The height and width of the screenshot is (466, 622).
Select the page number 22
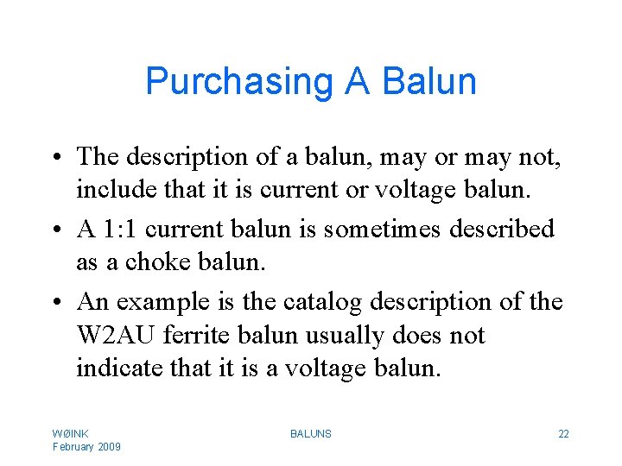pos(563,433)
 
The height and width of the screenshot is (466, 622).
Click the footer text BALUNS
pos(311,433)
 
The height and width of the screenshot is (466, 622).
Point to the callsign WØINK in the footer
pos(71,433)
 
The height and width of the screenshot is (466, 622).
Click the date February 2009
pos(86,446)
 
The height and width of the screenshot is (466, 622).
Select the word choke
pos(151,262)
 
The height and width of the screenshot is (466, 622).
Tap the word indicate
pos(113,368)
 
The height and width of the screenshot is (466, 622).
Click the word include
pos(111,190)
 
